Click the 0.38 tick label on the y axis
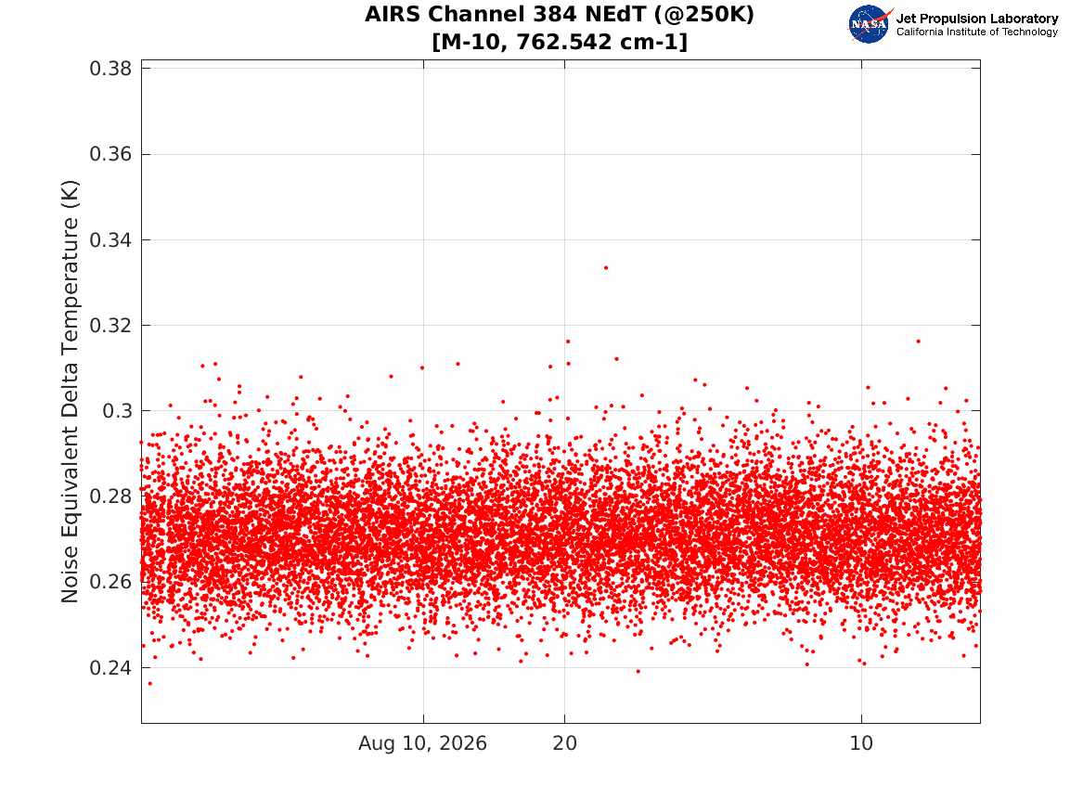coord(110,69)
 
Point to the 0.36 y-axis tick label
coord(110,154)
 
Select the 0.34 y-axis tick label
coord(110,239)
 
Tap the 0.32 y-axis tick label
coord(110,325)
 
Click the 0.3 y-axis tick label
coord(117,411)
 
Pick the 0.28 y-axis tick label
coord(110,496)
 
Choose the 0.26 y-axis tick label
coord(110,582)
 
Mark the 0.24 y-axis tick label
coord(110,667)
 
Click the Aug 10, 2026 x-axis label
coord(422,743)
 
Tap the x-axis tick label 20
coord(564,743)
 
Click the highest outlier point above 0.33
coord(606,268)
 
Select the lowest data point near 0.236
coord(150,684)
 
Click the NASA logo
coord(870,24)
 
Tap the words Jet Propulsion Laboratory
coord(977,19)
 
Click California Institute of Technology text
coord(977,32)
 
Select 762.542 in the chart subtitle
coord(564,42)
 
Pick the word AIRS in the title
coord(393,14)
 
